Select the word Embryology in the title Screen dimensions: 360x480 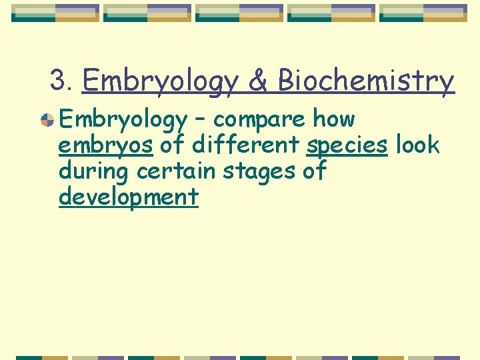(x=159, y=81)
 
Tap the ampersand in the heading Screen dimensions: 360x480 (x=257, y=81)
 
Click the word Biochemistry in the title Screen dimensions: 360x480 (x=365, y=81)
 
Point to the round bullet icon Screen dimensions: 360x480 (x=47, y=120)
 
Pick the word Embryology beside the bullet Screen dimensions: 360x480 (x=123, y=120)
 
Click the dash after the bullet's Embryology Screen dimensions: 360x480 (x=201, y=120)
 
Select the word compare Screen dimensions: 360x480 (x=259, y=120)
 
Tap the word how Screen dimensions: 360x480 (x=334, y=119)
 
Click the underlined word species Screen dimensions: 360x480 (x=347, y=145)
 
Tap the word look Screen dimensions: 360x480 (x=418, y=145)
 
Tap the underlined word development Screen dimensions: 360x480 (x=129, y=197)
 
